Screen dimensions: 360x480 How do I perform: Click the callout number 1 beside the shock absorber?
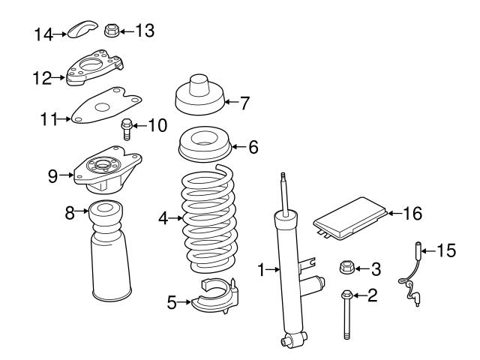click(x=262, y=268)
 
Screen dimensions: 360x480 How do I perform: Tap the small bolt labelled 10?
click(x=127, y=128)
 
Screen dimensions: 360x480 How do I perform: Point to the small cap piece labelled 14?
click(x=79, y=31)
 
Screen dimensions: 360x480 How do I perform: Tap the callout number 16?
click(x=412, y=213)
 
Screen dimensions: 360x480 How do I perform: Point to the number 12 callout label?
click(x=41, y=76)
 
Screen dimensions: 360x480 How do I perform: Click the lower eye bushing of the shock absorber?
click(x=287, y=342)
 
